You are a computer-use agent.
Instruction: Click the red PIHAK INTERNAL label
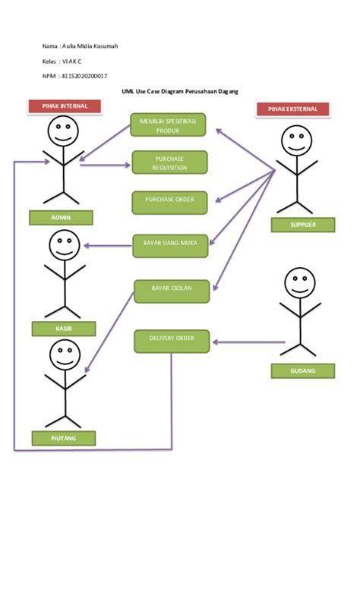coord(65,106)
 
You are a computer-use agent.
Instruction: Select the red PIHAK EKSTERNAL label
coord(292,110)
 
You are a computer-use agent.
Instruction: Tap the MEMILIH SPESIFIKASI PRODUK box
coord(168,125)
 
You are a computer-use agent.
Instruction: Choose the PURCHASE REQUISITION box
coord(169,162)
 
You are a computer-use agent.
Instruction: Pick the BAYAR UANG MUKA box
coord(170,244)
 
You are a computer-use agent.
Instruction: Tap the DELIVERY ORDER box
coord(172,341)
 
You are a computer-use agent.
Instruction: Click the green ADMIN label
coord(61,218)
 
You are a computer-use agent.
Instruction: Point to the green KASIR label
coord(64,329)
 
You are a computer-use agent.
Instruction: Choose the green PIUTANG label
coord(64,438)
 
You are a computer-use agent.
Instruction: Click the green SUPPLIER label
coord(303,225)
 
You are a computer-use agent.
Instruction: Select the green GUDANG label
coord(303,370)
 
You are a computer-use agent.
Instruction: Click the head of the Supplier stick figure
coord(296,141)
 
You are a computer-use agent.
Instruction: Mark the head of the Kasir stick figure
coord(64,245)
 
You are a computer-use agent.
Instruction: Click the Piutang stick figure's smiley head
coord(65,354)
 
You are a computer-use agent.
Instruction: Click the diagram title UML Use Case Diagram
coord(180,91)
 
